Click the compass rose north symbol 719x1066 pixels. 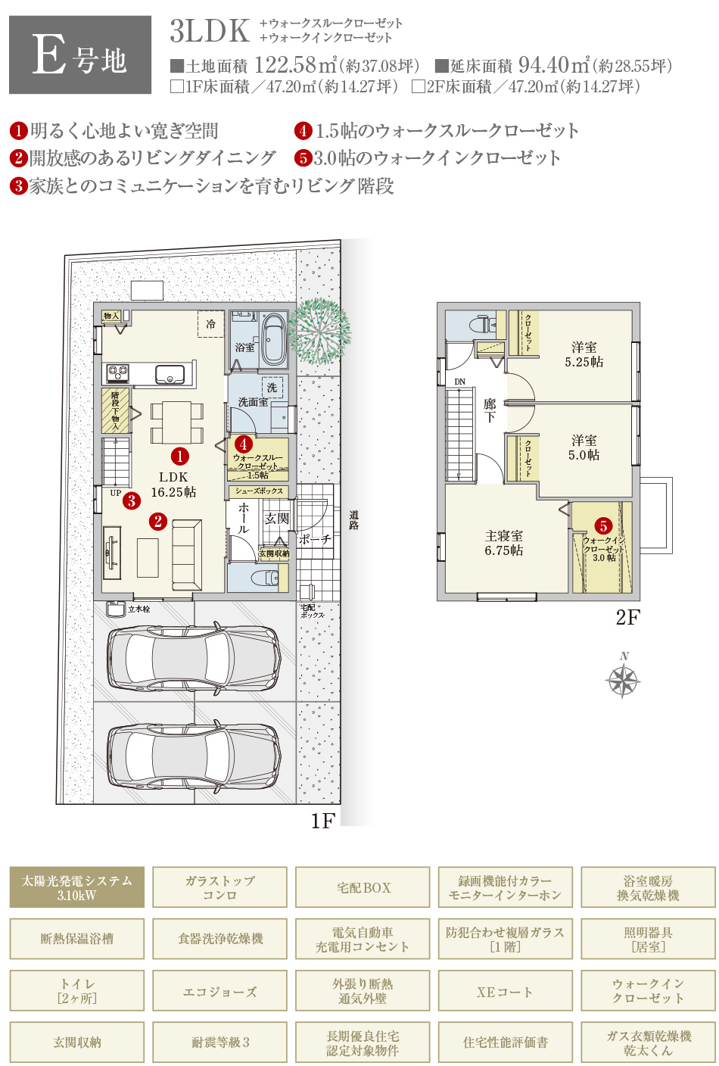(624, 679)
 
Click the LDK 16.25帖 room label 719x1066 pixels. (173, 485)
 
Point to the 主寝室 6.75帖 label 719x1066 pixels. (504, 543)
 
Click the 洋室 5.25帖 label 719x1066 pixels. (584, 354)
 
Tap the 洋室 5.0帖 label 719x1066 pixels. (584, 447)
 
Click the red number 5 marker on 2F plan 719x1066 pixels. (603, 526)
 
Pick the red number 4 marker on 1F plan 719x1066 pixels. (244, 445)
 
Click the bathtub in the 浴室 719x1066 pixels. (272, 339)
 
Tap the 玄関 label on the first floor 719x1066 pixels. (277, 519)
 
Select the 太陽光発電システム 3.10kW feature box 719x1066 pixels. (76, 887)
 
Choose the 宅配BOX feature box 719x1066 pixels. (363, 887)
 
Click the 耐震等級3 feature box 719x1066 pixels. (220, 1043)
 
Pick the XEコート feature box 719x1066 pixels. (505, 992)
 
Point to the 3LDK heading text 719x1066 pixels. (210, 31)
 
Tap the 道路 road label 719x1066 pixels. (353, 520)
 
